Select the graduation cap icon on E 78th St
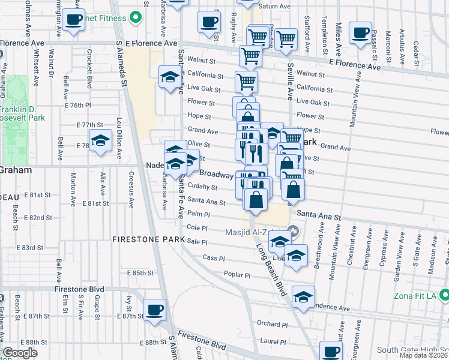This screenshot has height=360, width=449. tap(100, 140)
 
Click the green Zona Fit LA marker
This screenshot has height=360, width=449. tap(444, 295)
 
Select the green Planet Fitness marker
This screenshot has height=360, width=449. tap(136, 19)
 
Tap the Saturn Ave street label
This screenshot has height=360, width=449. tap(274, 7)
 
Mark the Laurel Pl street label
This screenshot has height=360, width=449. tap(273, 342)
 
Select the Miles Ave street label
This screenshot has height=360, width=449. tap(339, 36)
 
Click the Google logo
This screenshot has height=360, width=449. tap(19, 353)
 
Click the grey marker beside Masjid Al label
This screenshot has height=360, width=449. tap(294, 230)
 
